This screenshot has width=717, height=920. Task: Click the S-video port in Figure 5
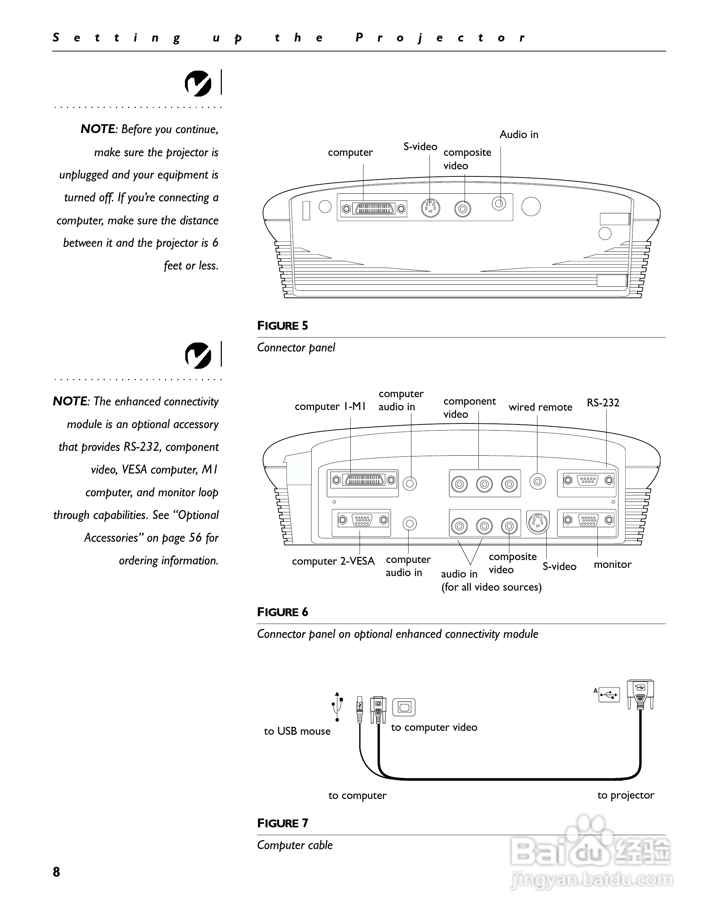pos(430,208)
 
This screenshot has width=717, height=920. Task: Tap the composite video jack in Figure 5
pos(463,208)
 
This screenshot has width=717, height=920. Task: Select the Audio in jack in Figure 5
pos(499,204)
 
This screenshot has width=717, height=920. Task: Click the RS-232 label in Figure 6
pos(603,403)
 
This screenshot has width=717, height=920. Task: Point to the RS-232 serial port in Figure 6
pos(588,480)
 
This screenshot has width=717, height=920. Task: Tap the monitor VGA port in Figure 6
pos(588,520)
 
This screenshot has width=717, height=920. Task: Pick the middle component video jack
pos(484,484)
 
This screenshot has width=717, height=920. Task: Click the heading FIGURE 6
pos(282,612)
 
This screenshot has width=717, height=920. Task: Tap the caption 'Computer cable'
pos(295,845)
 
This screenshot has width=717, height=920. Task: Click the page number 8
pos(56,872)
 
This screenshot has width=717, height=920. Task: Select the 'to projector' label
pos(625,795)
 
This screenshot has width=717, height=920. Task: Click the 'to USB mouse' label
pos(297,731)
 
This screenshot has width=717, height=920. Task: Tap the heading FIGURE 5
pos(282,325)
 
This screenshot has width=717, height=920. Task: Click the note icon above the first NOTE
pos(198,83)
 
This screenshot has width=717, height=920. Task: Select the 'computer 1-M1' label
pos(330,406)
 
